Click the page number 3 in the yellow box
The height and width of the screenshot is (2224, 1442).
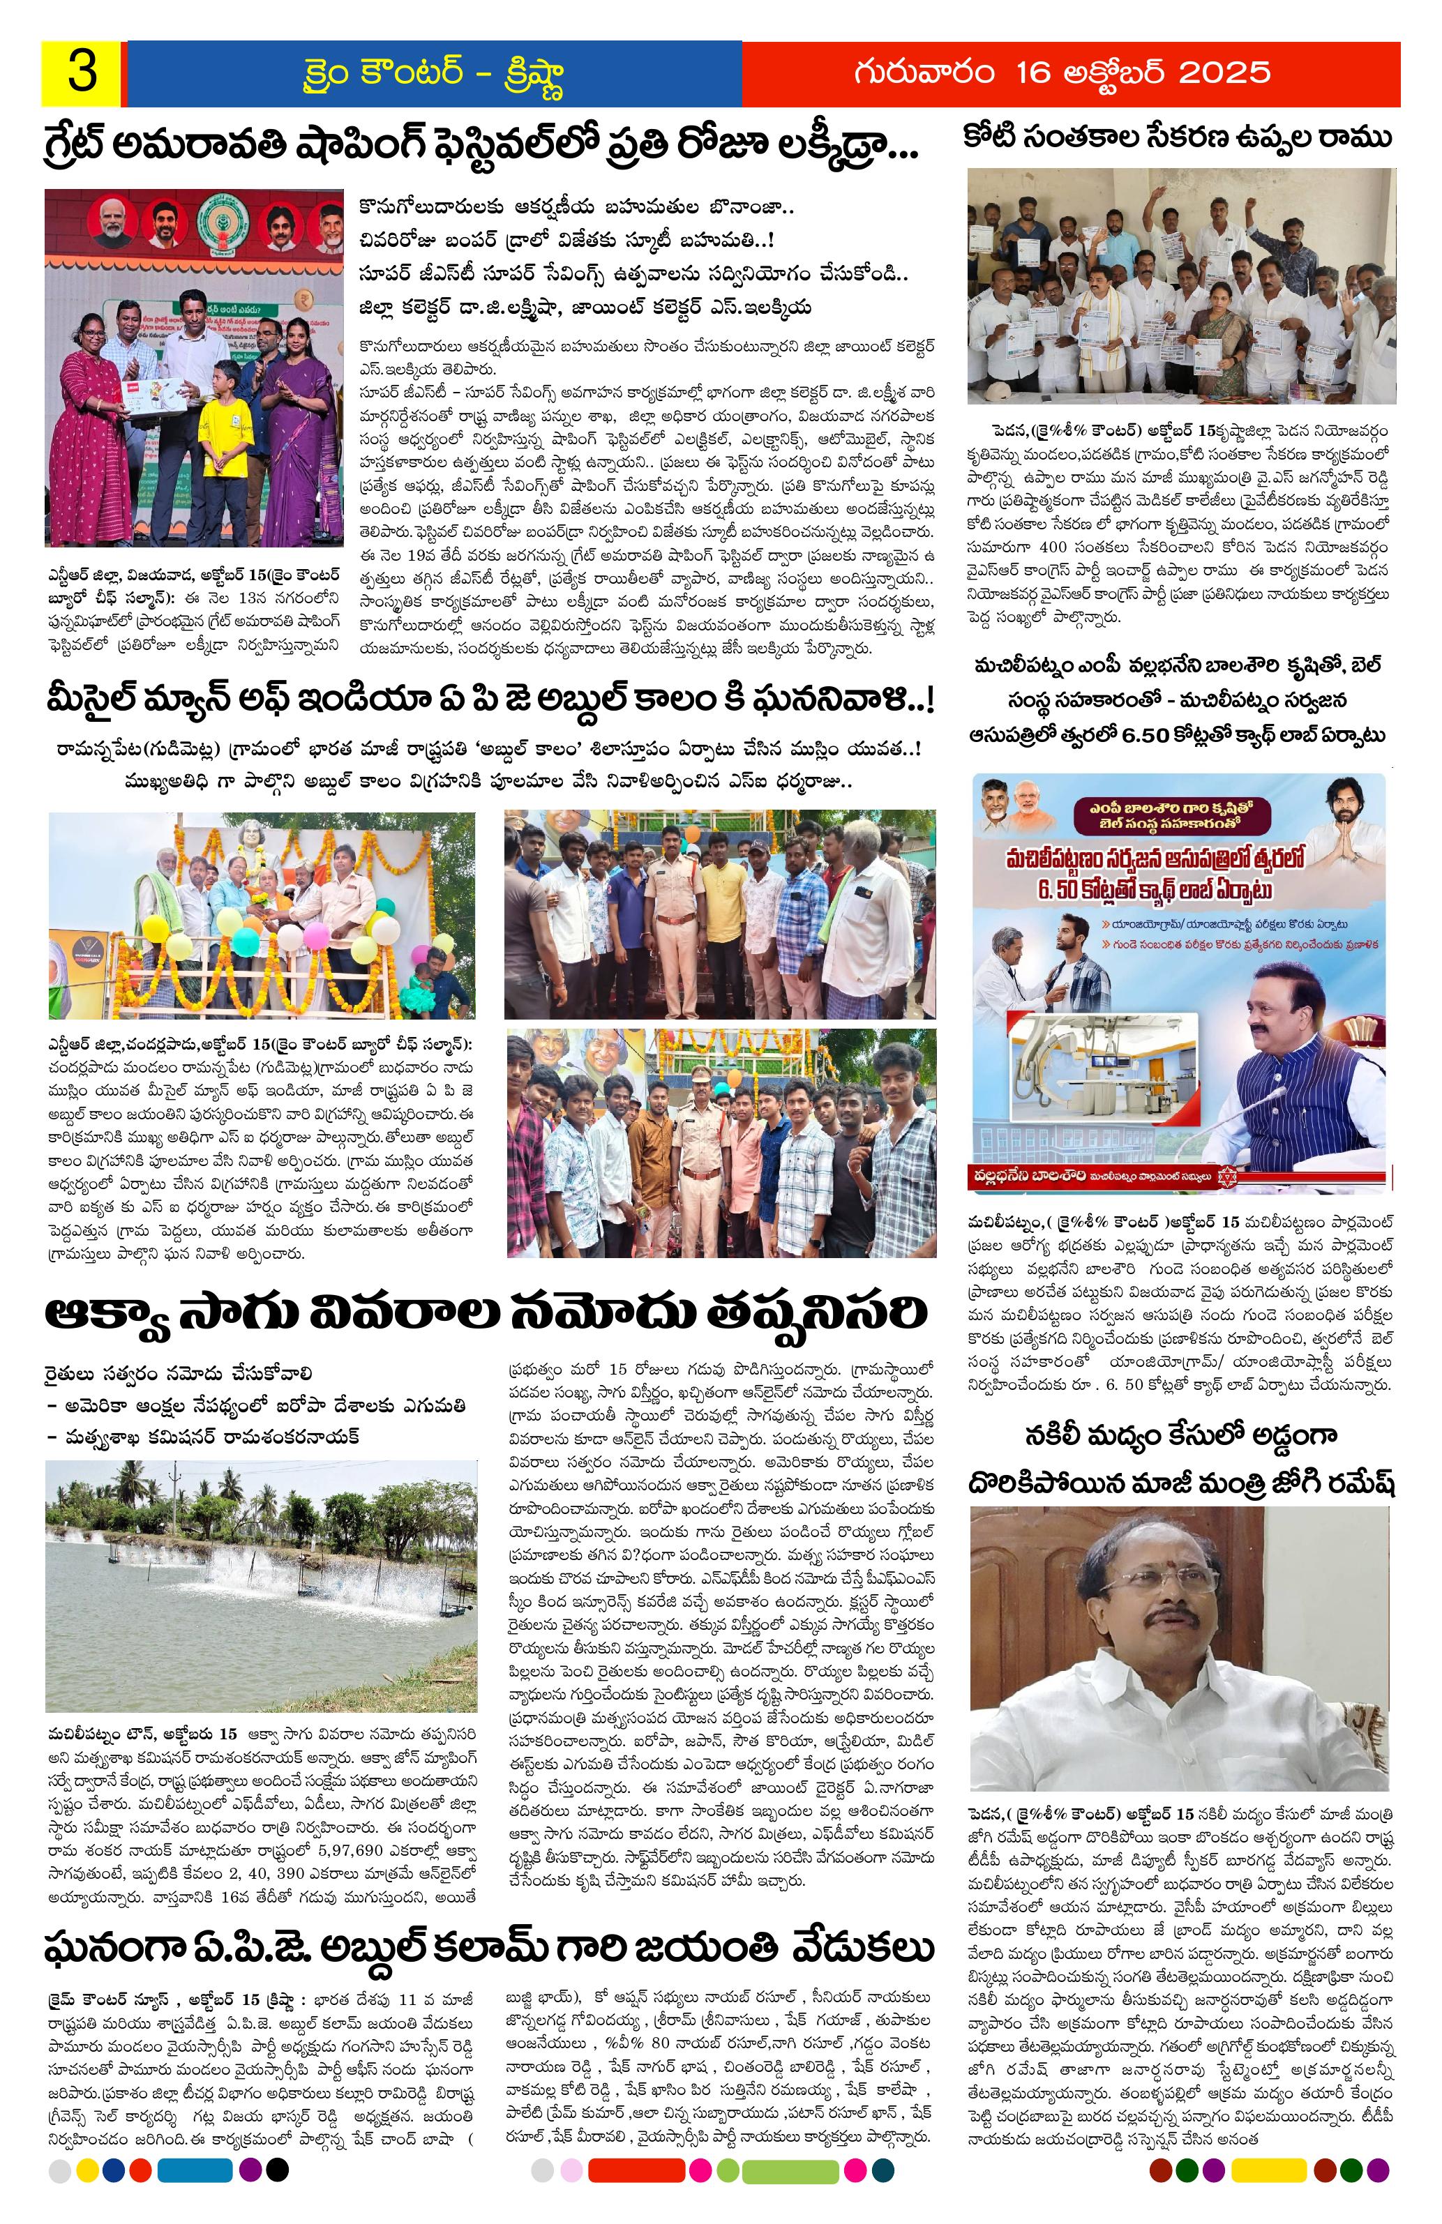[x=82, y=74]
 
